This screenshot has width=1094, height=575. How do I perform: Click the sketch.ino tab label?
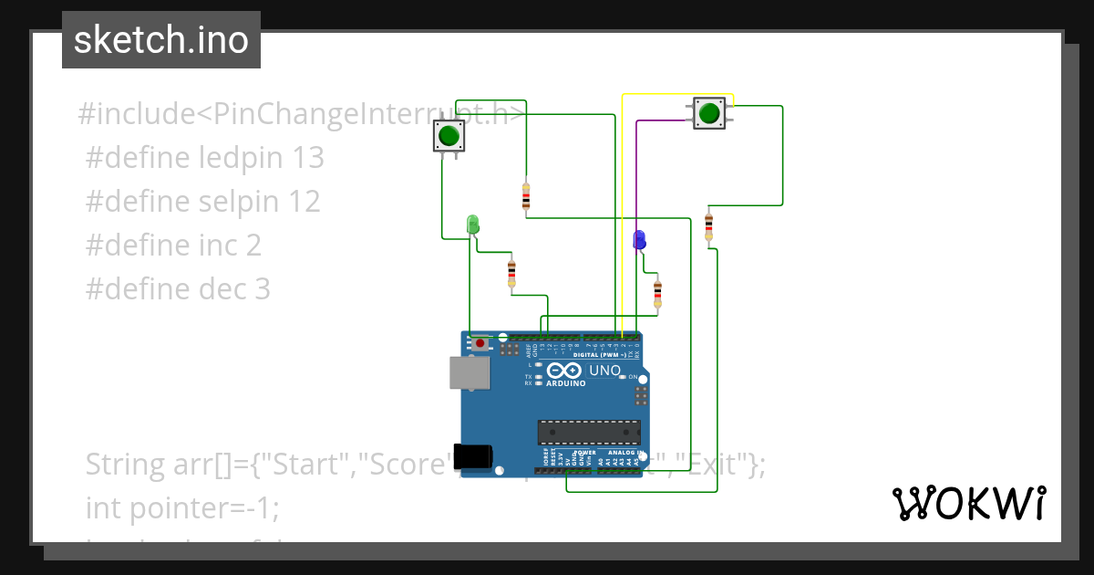point(161,40)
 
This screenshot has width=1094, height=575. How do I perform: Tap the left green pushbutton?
point(448,137)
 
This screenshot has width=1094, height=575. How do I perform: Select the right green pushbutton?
point(708,113)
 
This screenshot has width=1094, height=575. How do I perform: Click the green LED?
point(472,224)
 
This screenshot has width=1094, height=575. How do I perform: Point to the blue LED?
point(639,240)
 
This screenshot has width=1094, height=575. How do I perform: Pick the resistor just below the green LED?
point(511,272)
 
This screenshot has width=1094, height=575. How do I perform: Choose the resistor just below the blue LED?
point(657,293)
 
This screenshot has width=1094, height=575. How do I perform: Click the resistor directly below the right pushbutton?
point(708,225)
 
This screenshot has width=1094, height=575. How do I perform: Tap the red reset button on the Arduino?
point(480,344)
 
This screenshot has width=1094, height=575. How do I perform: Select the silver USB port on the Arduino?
point(468,372)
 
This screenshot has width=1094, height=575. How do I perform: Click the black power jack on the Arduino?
point(473,456)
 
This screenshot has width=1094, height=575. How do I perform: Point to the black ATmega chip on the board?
point(588,432)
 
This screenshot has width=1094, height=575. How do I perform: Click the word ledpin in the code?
point(243,158)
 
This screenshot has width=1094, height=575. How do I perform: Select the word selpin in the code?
point(241,202)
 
